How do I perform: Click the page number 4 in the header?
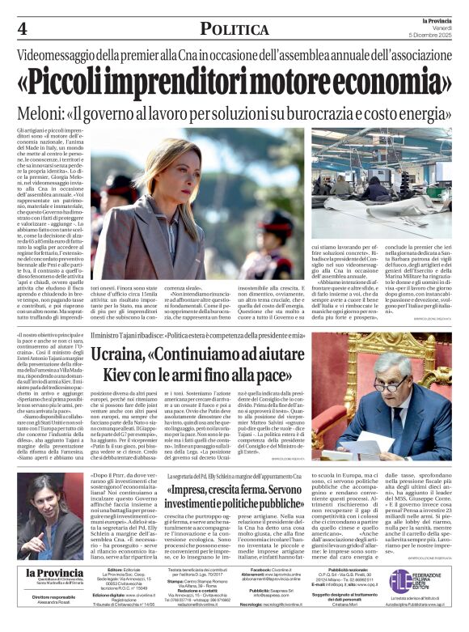coord(21,28)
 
